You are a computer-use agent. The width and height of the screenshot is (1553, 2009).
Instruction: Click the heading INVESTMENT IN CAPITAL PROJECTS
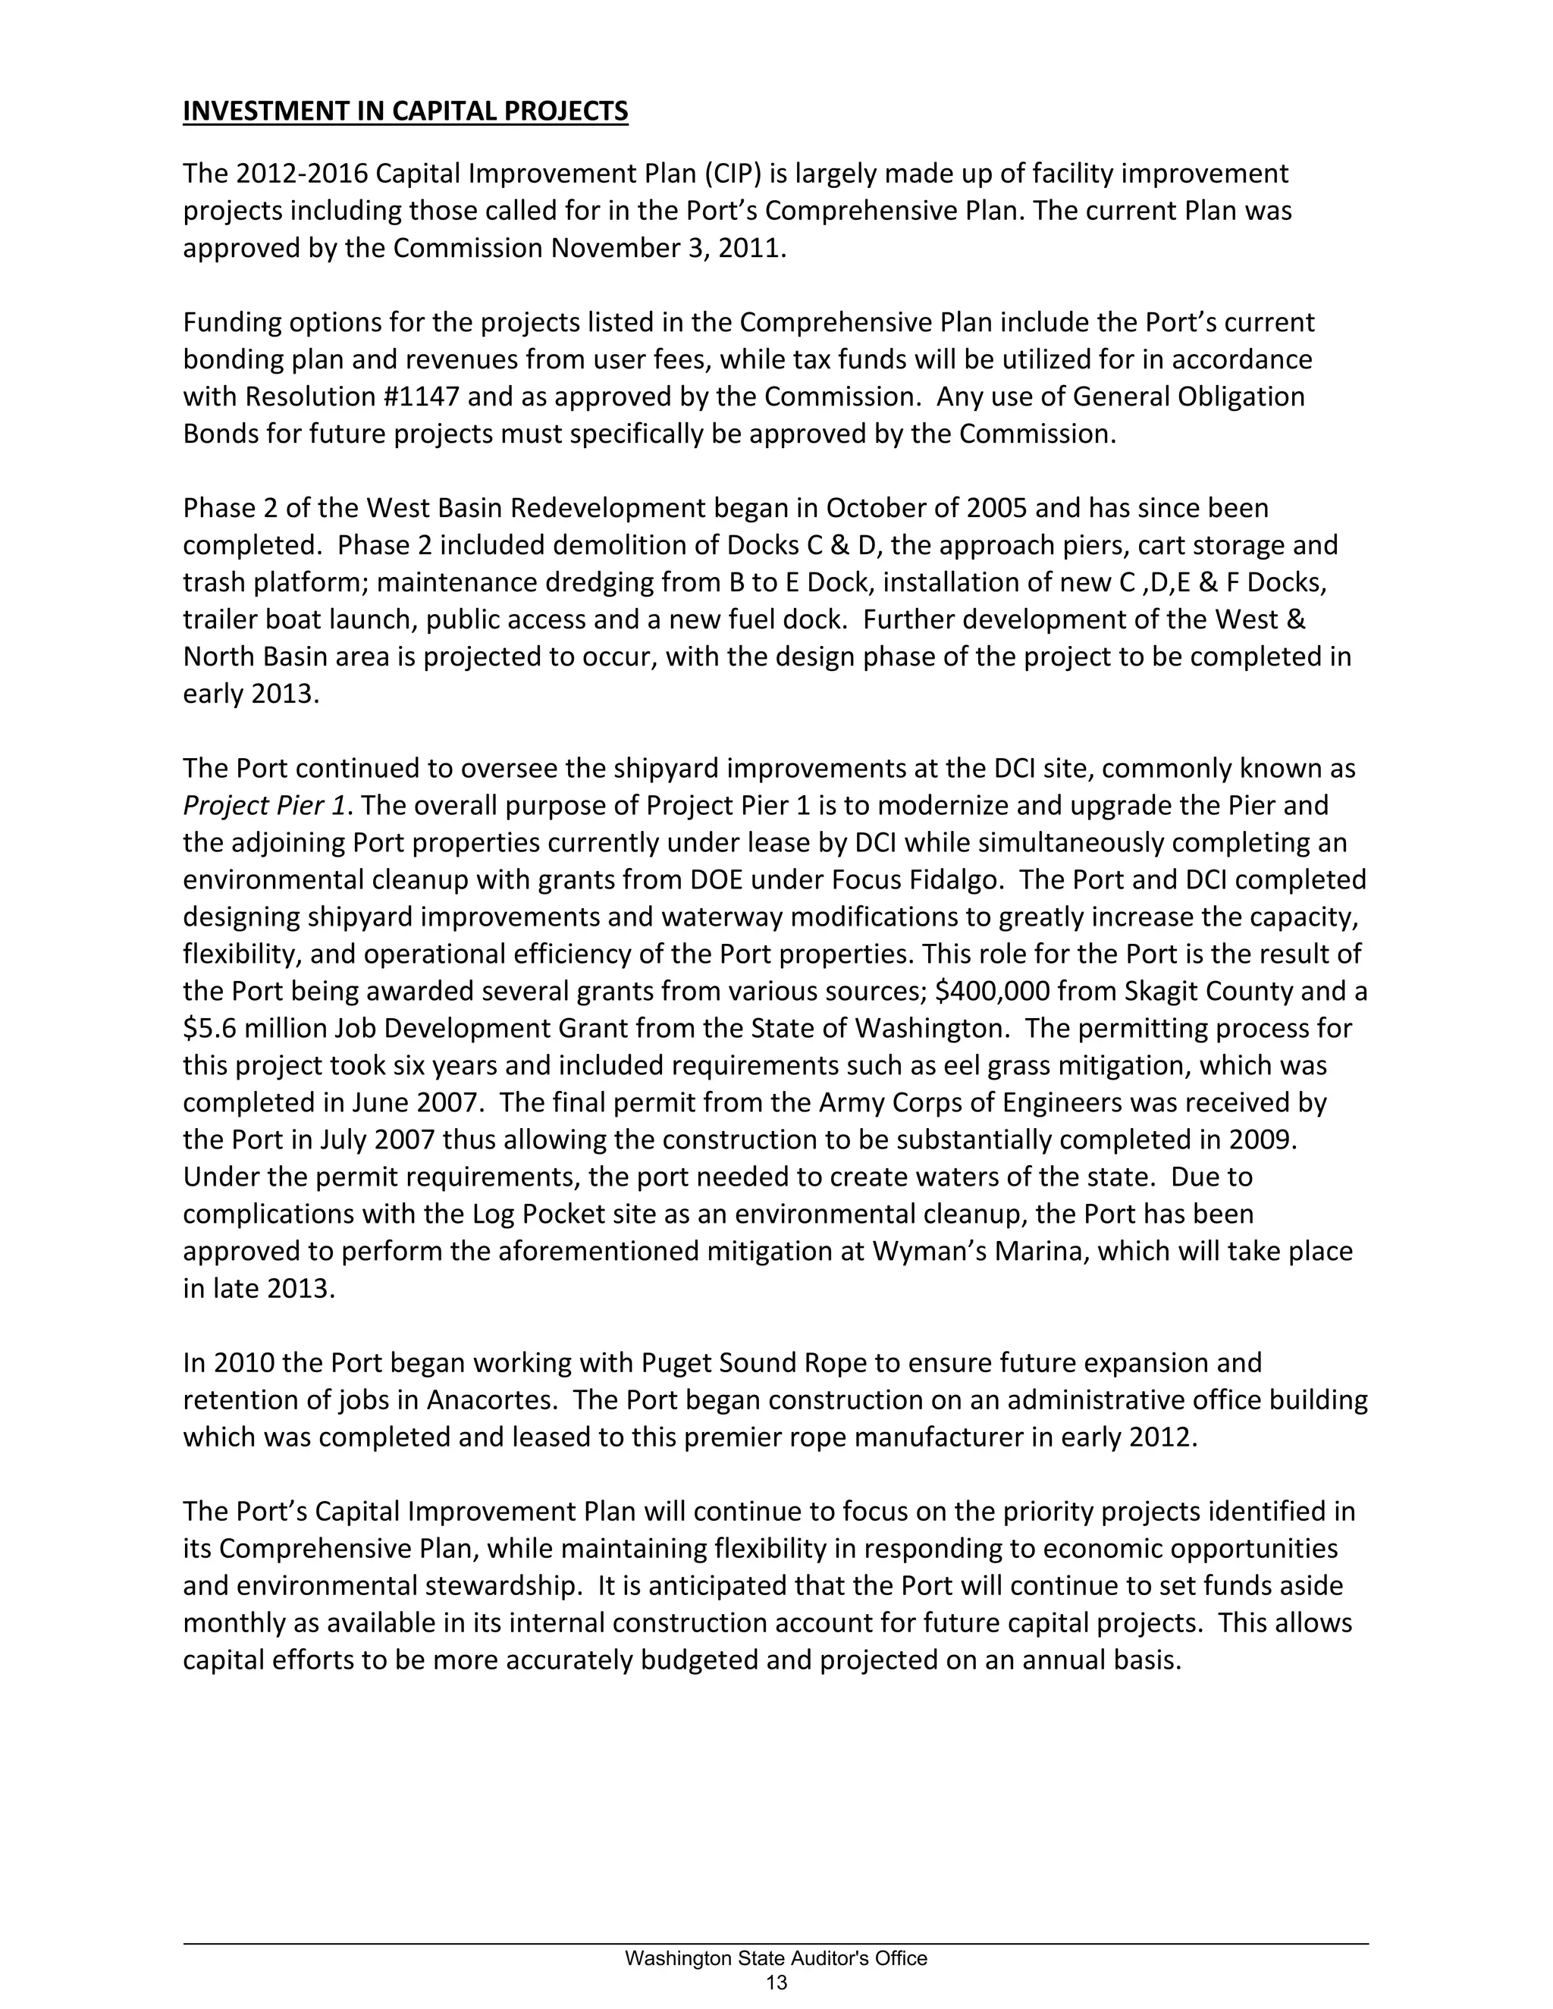405,111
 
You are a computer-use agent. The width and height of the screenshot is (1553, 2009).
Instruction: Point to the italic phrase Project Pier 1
264,806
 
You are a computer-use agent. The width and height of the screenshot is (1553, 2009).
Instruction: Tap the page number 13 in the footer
776,1982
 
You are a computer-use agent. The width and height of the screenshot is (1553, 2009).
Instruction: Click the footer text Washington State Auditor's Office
776,1958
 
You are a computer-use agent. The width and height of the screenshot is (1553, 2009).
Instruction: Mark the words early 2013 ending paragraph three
249,694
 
